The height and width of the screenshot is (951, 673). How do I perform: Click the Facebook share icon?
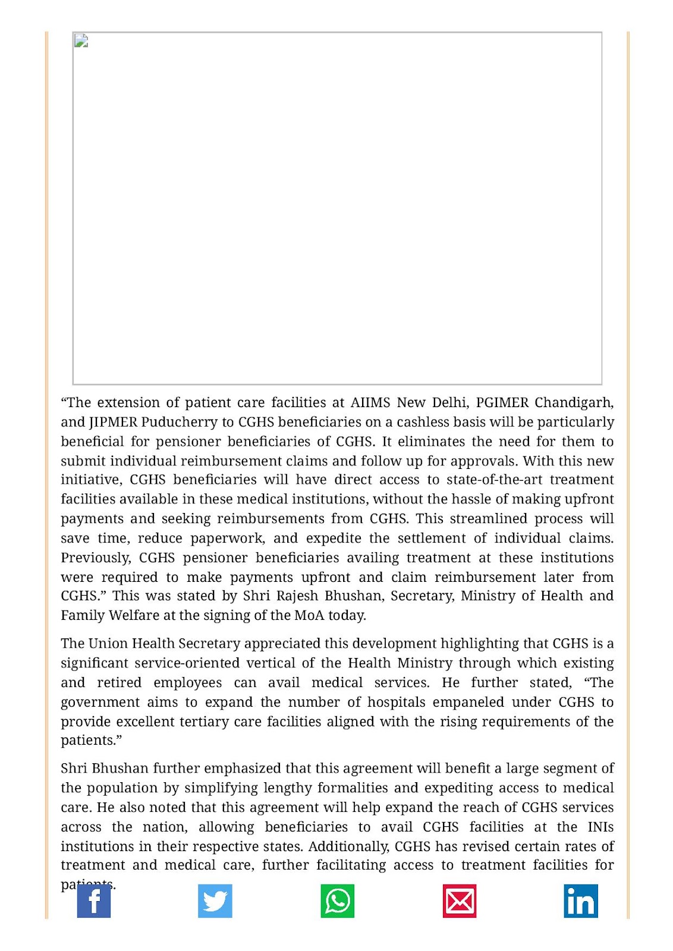click(x=94, y=901)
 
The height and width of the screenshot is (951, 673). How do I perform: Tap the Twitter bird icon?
click(x=215, y=901)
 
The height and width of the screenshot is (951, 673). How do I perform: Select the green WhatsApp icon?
click(x=338, y=901)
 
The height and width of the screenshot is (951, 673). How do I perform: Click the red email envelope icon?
click(x=460, y=901)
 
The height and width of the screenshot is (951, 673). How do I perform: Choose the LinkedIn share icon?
click(x=581, y=901)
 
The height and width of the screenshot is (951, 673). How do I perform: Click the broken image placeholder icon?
click(x=81, y=40)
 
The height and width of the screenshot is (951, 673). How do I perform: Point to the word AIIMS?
click(x=371, y=402)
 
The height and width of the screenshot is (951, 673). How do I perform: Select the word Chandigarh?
click(x=574, y=402)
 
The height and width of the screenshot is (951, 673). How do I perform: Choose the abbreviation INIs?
click(x=600, y=827)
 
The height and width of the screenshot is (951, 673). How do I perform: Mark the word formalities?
click(x=351, y=788)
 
